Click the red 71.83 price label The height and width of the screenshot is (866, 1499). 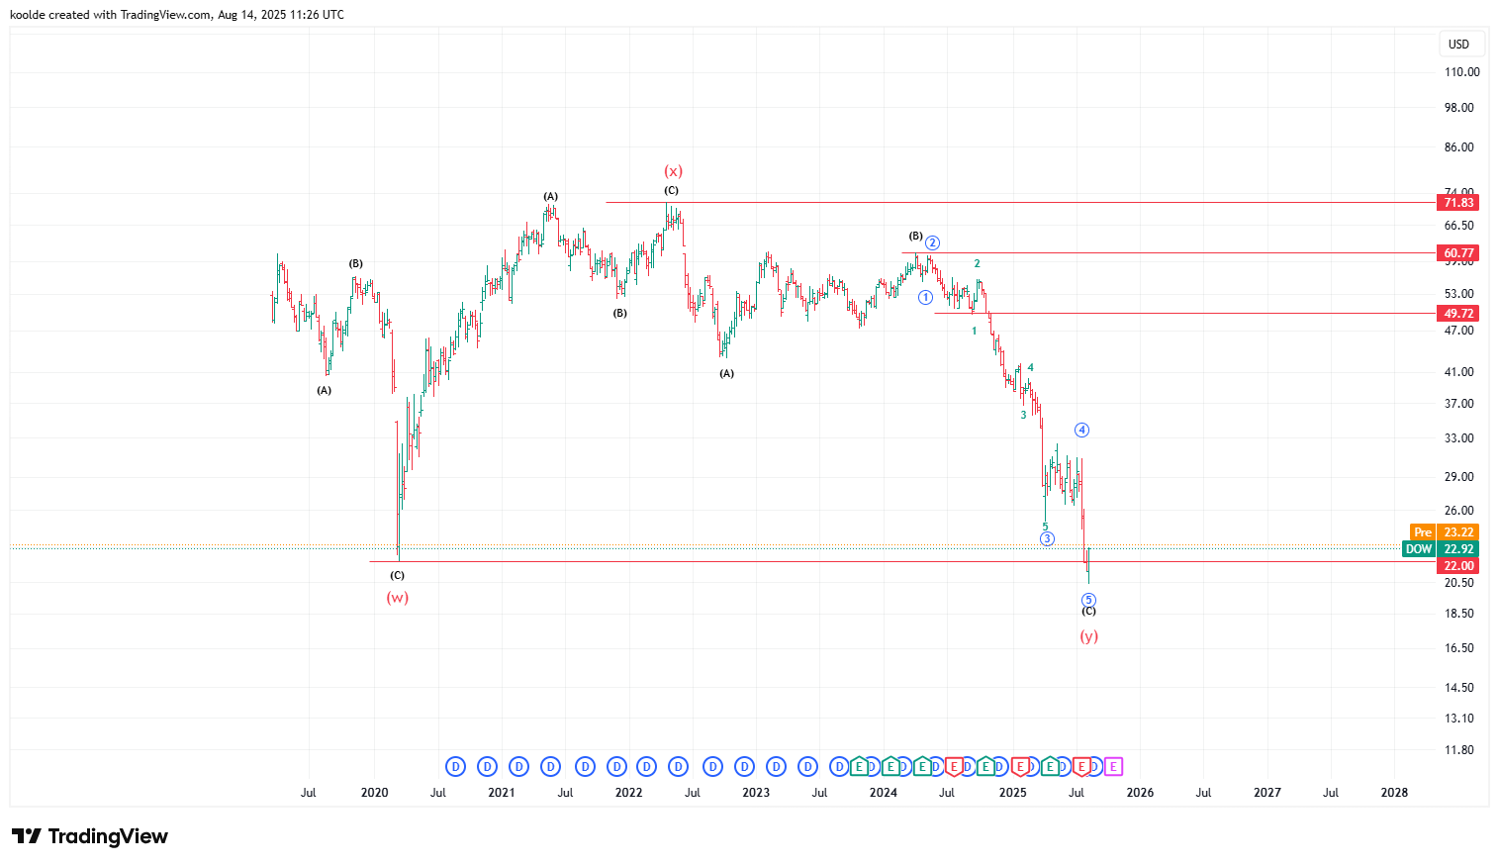pyautogui.click(x=1457, y=203)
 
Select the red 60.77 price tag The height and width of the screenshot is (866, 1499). pyautogui.click(x=1457, y=253)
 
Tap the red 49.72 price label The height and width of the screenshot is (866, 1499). pyautogui.click(x=1457, y=314)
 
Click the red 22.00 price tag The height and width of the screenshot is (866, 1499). pyautogui.click(x=1457, y=566)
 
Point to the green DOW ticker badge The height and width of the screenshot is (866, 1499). pyautogui.click(x=1419, y=549)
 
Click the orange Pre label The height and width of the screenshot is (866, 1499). pyautogui.click(x=1422, y=532)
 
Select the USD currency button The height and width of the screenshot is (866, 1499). pyautogui.click(x=1458, y=44)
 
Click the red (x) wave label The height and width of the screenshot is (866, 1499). pyautogui.click(x=673, y=171)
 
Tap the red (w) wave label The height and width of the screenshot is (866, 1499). pyautogui.click(x=397, y=598)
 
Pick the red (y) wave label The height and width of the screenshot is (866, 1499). pyautogui.click(x=1088, y=636)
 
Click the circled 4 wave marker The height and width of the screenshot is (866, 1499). pyautogui.click(x=1082, y=430)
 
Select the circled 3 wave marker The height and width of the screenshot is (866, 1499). pyautogui.click(x=1047, y=538)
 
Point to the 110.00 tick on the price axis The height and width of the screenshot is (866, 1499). pyautogui.click(x=1461, y=72)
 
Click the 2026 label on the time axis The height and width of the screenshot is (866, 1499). pyautogui.click(x=1140, y=793)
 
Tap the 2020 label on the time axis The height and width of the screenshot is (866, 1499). pyautogui.click(x=374, y=793)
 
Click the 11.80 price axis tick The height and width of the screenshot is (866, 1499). pyautogui.click(x=1459, y=750)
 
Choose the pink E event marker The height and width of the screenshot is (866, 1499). pyautogui.click(x=1113, y=766)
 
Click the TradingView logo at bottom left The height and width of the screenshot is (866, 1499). pyautogui.click(x=90, y=837)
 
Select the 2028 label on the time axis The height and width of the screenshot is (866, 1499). pyautogui.click(x=1394, y=793)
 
